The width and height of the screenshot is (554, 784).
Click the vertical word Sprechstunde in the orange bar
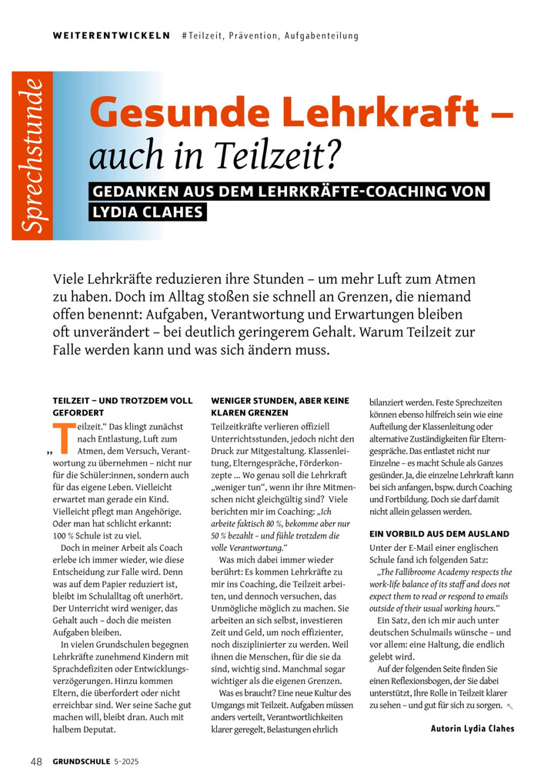click(x=32, y=156)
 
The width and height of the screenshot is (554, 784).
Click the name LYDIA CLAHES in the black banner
click(x=149, y=212)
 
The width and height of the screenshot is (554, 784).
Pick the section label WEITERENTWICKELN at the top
click(x=111, y=36)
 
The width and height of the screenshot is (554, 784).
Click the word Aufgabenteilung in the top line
click(x=322, y=36)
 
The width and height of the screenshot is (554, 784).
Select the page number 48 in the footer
click(x=36, y=762)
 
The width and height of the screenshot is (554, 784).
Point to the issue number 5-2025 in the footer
click(x=128, y=762)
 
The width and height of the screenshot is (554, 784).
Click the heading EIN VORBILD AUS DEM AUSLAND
click(x=439, y=533)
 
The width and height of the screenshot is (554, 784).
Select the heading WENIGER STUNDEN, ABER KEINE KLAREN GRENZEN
click(x=280, y=406)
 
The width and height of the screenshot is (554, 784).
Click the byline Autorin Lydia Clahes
click(x=472, y=729)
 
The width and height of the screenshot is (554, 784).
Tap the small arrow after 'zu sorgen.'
click(x=509, y=706)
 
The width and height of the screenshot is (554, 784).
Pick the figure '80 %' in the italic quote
click(x=277, y=523)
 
